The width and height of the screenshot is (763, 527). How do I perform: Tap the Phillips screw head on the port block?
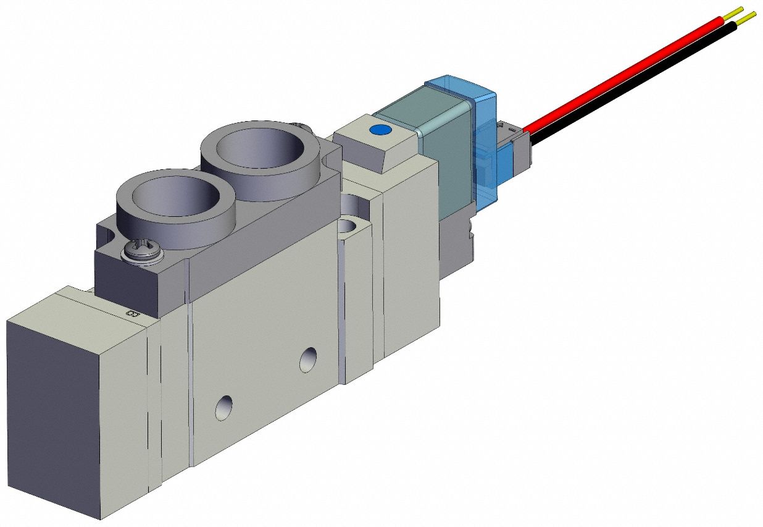(x=135, y=250)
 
